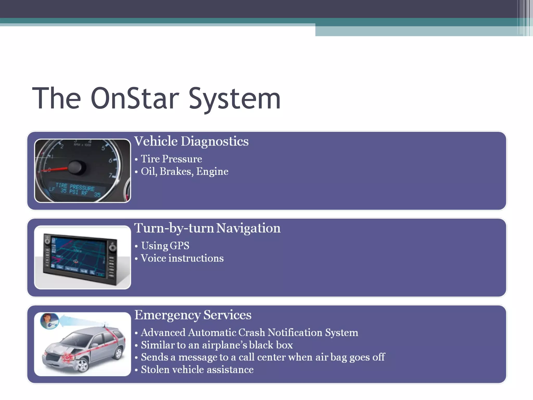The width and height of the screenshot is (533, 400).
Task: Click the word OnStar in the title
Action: point(135,98)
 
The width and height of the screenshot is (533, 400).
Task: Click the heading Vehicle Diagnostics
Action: point(191,141)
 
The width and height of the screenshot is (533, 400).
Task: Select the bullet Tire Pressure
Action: point(171,159)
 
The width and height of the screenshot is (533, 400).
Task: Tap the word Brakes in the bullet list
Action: point(176,171)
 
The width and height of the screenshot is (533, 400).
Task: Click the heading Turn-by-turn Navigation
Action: point(207,228)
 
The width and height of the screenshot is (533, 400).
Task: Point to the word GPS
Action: point(180,246)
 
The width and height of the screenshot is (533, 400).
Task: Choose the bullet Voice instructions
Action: point(182,258)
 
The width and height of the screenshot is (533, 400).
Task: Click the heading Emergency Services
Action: point(193,315)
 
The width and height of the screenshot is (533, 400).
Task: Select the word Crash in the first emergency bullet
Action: point(251,333)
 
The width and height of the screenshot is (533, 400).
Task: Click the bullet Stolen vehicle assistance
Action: point(197,370)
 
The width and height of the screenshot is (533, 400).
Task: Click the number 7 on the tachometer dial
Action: point(110,175)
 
